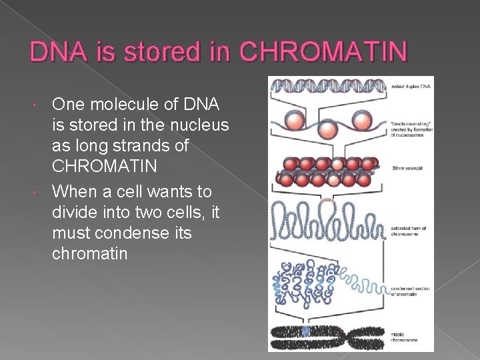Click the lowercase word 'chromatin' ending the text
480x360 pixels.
tap(89, 253)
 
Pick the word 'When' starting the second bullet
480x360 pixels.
tap(74, 192)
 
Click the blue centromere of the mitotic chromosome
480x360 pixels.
tap(306, 331)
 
